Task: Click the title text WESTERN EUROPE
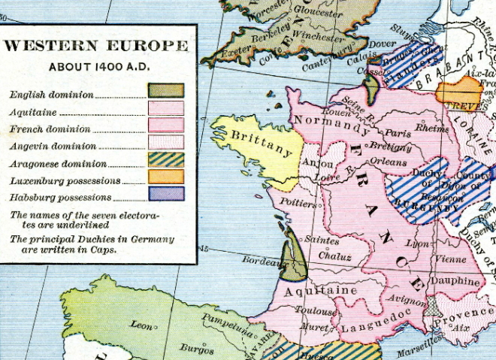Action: pyautogui.click(x=96, y=46)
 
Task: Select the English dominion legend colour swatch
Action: pyautogui.click(x=166, y=90)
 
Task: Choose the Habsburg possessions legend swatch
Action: pyautogui.click(x=166, y=193)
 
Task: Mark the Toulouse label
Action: pyautogui.click(x=315, y=311)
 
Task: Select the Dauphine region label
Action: pyautogui.click(x=455, y=282)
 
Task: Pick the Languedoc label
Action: pyautogui.click(x=367, y=328)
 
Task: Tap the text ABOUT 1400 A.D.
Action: pyautogui.click(x=96, y=67)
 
